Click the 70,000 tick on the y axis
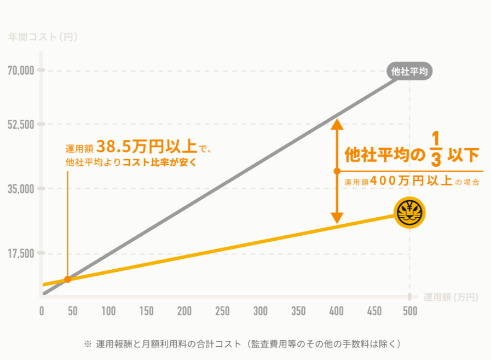[x=21, y=71]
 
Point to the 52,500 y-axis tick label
[x=21, y=124]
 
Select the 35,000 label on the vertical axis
[x=21, y=189]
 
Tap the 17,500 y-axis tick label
[x=21, y=253]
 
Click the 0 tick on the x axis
[x=42, y=311]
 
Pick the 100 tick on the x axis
[x=108, y=311]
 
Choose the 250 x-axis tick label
[x=222, y=311]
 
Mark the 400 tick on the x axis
[x=336, y=311]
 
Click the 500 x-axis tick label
[x=410, y=311]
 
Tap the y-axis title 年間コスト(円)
[x=43, y=38]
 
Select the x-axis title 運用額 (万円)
[x=450, y=298]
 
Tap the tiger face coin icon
[x=409, y=213]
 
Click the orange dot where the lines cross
[x=67, y=280]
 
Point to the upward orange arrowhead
[x=337, y=124]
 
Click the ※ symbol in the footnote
[x=88, y=344]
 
